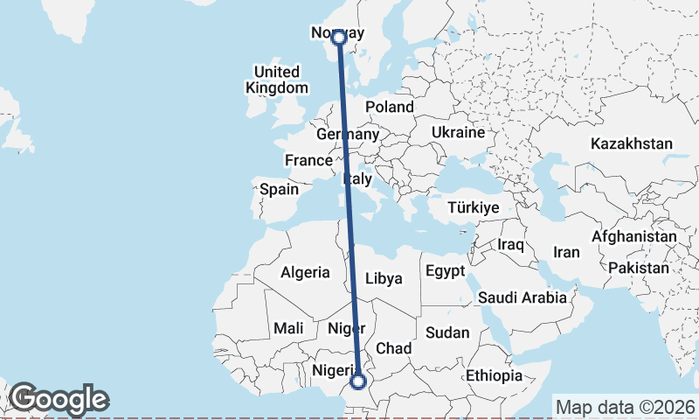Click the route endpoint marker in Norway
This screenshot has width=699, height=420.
[x=339, y=37]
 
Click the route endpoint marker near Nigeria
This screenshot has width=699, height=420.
[x=357, y=381]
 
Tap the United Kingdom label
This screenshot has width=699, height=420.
[x=277, y=80]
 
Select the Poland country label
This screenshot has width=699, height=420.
[x=390, y=107]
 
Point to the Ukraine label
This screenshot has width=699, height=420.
[x=457, y=132]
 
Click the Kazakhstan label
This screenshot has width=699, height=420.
[x=632, y=143]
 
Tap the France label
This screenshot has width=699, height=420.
[x=308, y=161]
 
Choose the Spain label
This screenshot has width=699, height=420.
[x=279, y=189]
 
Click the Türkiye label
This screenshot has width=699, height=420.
[x=473, y=208]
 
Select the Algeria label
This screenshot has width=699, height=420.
[x=305, y=272]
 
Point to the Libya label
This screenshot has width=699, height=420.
[x=384, y=279]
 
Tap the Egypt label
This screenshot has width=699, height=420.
[x=446, y=271]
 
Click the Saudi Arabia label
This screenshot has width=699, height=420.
[x=523, y=297]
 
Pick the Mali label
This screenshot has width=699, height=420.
[x=288, y=328]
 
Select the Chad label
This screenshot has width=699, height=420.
[x=393, y=348]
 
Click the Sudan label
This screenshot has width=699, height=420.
[x=447, y=332]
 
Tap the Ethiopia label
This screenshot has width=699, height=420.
[x=494, y=375]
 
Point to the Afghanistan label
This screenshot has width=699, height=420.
[x=634, y=236]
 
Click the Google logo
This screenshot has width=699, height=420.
[x=59, y=399]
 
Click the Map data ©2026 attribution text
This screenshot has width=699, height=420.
[x=626, y=407]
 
